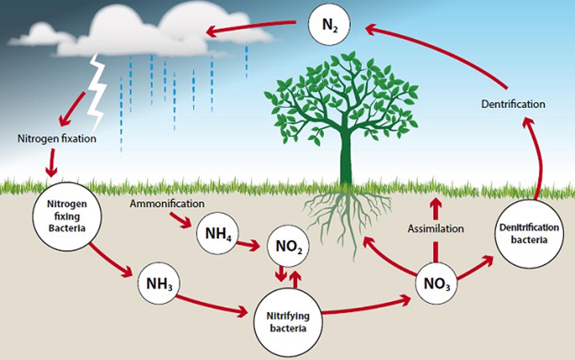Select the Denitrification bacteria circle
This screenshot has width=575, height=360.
point(529,234)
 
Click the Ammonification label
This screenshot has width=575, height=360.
point(167,204)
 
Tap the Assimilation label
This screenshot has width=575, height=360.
point(436,229)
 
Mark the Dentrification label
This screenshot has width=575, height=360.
point(513,104)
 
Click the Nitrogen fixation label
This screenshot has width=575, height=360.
point(57,138)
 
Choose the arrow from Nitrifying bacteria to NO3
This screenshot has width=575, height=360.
point(366,307)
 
